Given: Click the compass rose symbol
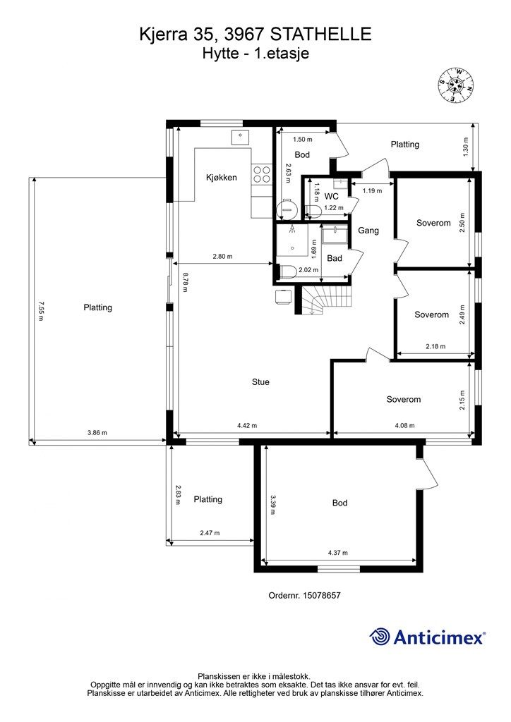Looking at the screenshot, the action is click(x=455, y=85).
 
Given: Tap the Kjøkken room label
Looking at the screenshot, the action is click(x=221, y=177).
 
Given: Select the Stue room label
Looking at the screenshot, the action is click(x=260, y=381).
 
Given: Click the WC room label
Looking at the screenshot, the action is click(x=331, y=197).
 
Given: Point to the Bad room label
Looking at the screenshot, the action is click(x=335, y=258).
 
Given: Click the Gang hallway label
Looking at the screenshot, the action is click(x=368, y=231).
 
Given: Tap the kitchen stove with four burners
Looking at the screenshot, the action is click(x=261, y=176).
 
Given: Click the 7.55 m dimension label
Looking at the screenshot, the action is click(x=40, y=311).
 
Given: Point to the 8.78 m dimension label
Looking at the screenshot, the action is click(x=185, y=282).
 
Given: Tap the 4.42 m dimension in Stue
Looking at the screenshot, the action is click(x=247, y=425).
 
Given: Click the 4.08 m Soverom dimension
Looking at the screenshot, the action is click(x=404, y=425).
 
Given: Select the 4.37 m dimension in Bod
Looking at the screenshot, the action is click(x=338, y=553).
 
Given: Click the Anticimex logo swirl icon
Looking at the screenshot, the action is click(x=379, y=637).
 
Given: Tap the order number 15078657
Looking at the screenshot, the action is click(x=322, y=595).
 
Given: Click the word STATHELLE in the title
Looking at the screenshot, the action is click(x=320, y=35).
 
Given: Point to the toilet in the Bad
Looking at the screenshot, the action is click(x=287, y=271).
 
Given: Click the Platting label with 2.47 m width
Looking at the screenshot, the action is click(x=208, y=499).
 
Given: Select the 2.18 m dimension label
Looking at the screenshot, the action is click(x=435, y=346).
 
